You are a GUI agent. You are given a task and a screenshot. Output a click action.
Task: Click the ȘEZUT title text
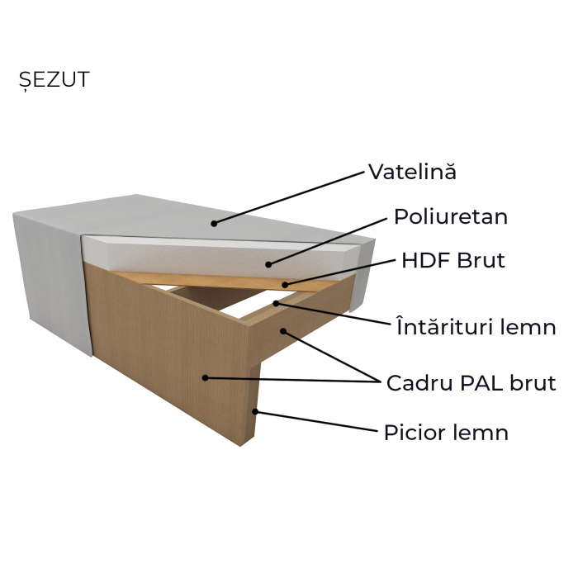coord(54,80)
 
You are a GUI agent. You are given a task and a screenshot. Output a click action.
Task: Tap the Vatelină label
coord(412,173)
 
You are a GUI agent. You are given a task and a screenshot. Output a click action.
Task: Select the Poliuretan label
coord(450,217)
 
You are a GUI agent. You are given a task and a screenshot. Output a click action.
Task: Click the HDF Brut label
coord(452,261)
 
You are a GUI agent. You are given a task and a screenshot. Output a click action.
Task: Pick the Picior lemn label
coord(446,433)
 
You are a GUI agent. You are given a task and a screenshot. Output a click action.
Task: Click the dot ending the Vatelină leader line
coord(213,222)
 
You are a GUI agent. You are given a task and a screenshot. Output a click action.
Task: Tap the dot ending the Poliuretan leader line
coord(268,264)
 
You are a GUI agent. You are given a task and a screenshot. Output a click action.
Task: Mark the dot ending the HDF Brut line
coord(286,285)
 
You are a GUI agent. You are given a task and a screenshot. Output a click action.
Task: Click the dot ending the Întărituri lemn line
coord(276,303)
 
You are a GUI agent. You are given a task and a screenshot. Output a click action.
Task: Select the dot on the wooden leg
coord(256,411)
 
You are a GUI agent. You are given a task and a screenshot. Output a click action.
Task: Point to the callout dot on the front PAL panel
coord(204,377)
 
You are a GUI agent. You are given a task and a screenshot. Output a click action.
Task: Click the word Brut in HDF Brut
coord(479,261)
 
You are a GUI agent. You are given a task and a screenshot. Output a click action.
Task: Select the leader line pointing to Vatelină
coord(289,197)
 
